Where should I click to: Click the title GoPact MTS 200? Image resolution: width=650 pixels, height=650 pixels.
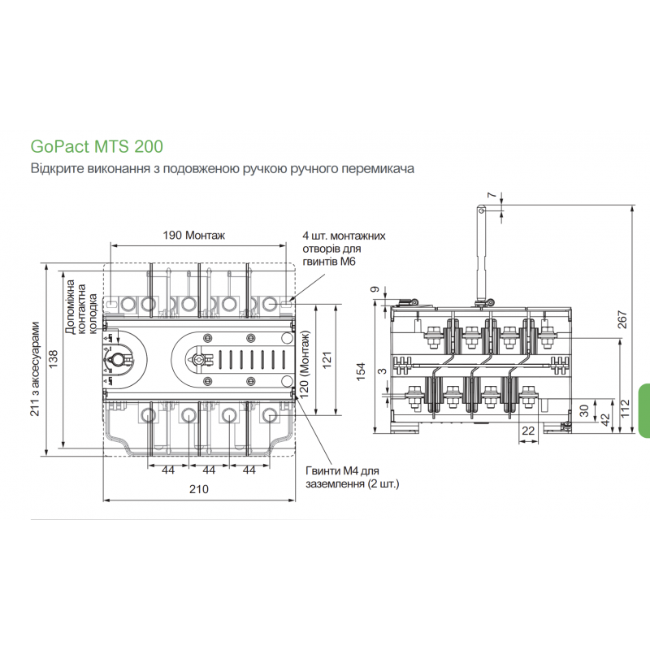(x=97, y=147)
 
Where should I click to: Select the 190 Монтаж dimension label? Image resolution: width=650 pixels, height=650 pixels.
(x=194, y=236)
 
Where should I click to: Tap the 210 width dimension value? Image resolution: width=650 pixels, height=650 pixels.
(x=199, y=489)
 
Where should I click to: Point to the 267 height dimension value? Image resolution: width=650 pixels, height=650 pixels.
(x=622, y=319)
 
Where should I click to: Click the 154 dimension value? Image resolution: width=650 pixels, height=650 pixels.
(x=361, y=371)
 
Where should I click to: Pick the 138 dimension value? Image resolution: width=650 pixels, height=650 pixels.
(x=54, y=359)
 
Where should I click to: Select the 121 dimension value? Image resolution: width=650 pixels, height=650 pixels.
(x=327, y=360)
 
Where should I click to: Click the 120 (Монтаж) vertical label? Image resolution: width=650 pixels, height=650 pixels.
(x=305, y=363)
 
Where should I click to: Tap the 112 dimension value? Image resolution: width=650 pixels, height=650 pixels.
(x=625, y=409)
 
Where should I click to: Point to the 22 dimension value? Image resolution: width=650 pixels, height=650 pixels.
(x=528, y=431)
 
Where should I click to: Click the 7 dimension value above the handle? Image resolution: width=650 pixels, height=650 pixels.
(x=492, y=195)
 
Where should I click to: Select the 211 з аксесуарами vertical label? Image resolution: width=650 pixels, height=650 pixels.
(x=35, y=369)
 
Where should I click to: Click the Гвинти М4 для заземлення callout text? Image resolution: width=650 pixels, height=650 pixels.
(x=353, y=477)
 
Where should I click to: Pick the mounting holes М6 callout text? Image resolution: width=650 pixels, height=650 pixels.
(x=344, y=249)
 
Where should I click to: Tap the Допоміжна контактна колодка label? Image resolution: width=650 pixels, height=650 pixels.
(x=81, y=307)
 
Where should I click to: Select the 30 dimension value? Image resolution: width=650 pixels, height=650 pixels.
(x=584, y=410)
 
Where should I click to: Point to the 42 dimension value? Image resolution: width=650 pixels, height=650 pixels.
(x=605, y=419)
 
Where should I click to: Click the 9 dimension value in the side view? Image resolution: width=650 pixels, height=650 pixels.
(x=375, y=289)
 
